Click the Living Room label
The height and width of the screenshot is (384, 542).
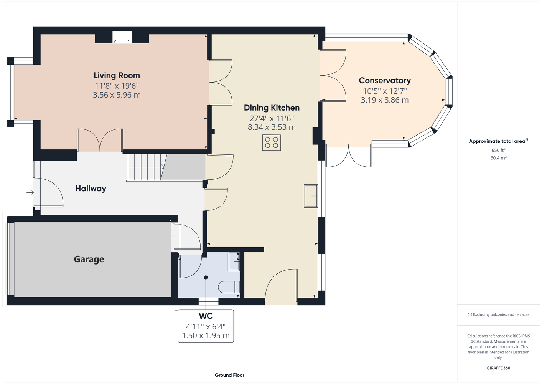(x=117, y=75)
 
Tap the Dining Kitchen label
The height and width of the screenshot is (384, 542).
(x=272, y=108)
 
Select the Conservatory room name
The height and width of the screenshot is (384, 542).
(x=385, y=81)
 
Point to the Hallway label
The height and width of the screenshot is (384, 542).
(x=91, y=189)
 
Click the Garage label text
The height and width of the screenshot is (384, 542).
(x=89, y=259)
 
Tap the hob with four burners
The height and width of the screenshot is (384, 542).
(x=272, y=143)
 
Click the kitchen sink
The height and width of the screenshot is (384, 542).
(x=311, y=196)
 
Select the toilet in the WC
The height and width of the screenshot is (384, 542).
(x=229, y=287)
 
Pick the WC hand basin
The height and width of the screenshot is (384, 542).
(x=234, y=261)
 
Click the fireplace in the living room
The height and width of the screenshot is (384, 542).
(x=122, y=37)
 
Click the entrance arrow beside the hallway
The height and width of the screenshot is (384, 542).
(x=30, y=193)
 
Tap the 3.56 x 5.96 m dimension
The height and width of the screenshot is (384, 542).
(x=117, y=95)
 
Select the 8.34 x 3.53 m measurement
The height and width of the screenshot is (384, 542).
(x=272, y=127)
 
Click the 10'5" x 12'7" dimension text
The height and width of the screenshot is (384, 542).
(x=385, y=91)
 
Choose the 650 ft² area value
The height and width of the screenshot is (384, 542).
(x=498, y=150)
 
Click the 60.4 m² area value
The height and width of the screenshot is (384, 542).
(x=498, y=158)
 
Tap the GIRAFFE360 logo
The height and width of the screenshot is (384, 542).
(x=498, y=368)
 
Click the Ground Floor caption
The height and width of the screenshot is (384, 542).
(x=230, y=375)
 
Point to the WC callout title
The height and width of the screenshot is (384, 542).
(x=206, y=316)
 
